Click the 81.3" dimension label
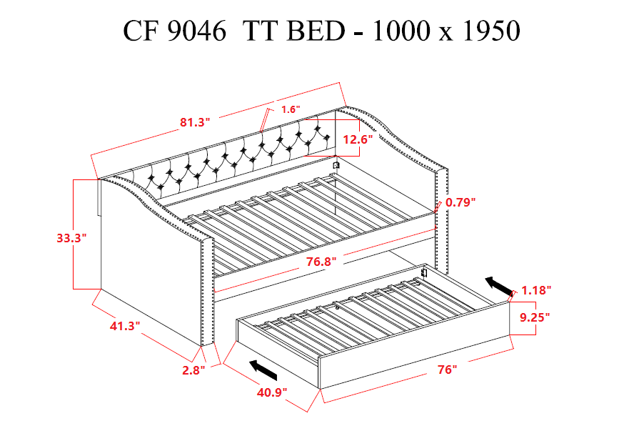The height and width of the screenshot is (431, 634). [193, 122]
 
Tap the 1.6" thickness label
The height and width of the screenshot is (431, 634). [291, 109]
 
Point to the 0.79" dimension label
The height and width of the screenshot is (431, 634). [461, 202]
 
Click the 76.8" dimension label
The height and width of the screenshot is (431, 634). [319, 262]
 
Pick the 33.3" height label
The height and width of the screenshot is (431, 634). [71, 238]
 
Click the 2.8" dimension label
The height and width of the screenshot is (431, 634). [193, 370]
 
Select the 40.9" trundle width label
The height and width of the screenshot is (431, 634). [272, 392]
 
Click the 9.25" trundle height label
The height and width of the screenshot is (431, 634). [534, 317]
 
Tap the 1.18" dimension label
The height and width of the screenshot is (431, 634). [536, 290]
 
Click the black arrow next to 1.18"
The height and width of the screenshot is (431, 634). [499, 286]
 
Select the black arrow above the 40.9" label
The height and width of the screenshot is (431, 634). [263, 370]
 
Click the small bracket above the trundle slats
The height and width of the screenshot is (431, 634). [424, 272]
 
